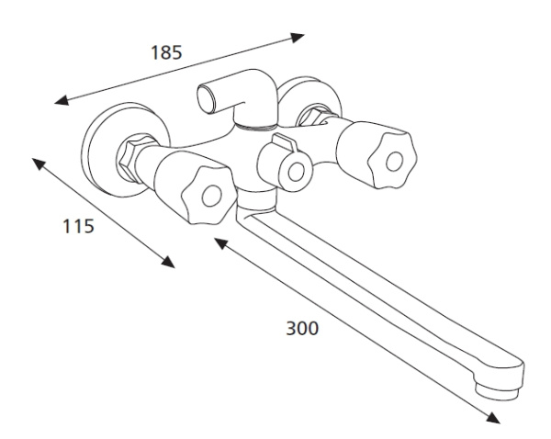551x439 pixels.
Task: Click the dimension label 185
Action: click(166, 52)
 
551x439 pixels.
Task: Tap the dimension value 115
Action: click(78, 226)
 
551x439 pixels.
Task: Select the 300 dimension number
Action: click(302, 329)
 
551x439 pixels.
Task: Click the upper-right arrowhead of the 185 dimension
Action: click(297, 38)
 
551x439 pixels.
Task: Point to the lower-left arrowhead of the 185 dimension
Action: click(62, 100)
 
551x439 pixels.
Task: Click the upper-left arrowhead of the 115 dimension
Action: click(39, 164)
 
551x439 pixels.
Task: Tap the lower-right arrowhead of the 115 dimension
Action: click(168, 262)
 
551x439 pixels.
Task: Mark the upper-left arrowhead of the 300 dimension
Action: click(221, 243)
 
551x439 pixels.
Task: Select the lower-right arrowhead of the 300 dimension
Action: click(493, 418)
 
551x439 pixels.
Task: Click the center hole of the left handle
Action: click(212, 197)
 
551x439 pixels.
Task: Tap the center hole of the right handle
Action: click(394, 162)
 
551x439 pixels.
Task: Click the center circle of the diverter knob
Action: click(297, 173)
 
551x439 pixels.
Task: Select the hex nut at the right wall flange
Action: click(313, 116)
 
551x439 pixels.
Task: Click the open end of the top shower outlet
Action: click(206, 99)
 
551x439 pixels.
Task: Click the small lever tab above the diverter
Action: click(285, 141)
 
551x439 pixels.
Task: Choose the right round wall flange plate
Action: click(309, 103)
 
